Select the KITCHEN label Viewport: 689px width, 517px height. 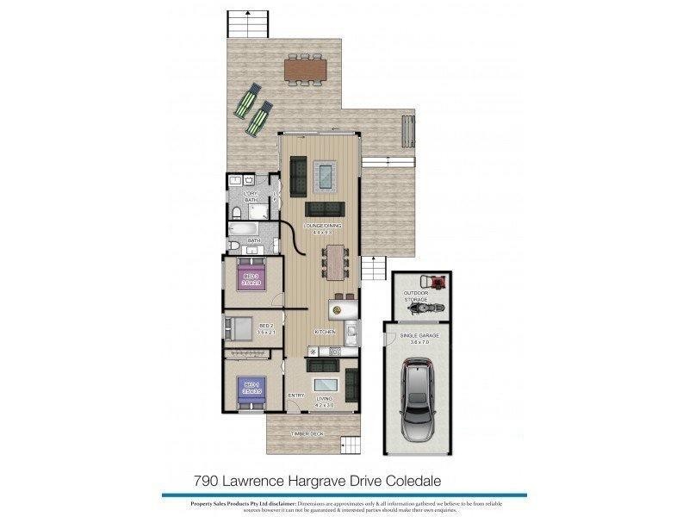324,332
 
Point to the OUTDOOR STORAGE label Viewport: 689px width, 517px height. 415,296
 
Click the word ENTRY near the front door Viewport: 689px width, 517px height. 295,396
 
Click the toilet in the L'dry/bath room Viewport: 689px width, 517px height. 237,211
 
